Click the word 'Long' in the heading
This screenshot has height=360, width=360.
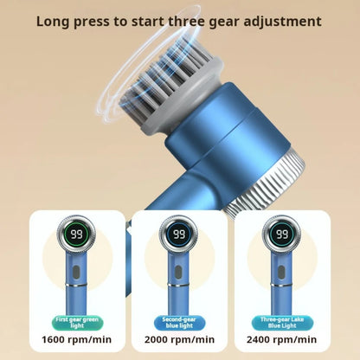click(55, 20)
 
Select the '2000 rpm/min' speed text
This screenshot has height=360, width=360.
click(179, 337)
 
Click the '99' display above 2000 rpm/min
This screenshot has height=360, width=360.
click(179, 235)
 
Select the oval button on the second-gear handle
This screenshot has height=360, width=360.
click(179, 272)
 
